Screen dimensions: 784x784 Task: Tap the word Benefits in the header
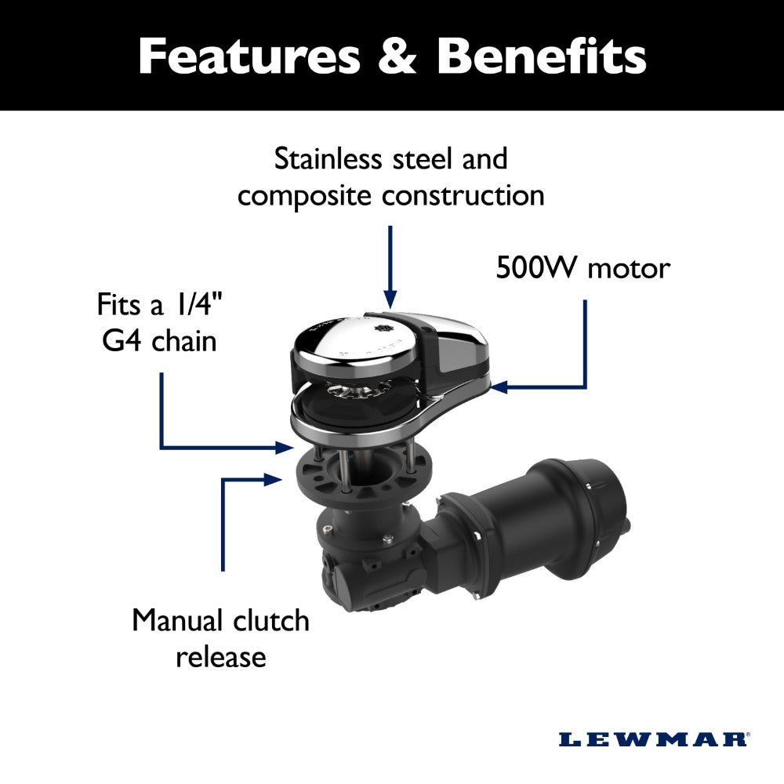pyautogui.click(x=542, y=56)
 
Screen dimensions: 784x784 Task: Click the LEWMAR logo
pyautogui.click(x=653, y=739)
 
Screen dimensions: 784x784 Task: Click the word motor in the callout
pyautogui.click(x=630, y=269)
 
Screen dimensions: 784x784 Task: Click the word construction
pyautogui.click(x=463, y=195)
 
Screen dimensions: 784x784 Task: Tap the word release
pyautogui.click(x=221, y=657)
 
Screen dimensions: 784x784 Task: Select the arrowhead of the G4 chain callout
pyautogui.click(x=286, y=448)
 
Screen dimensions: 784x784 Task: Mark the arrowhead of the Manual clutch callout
pyautogui.click(x=274, y=478)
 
